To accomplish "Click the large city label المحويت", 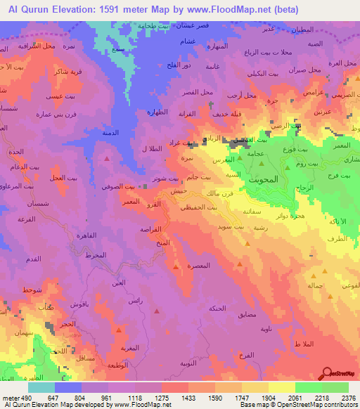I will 265,179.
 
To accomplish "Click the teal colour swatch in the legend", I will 41,387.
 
